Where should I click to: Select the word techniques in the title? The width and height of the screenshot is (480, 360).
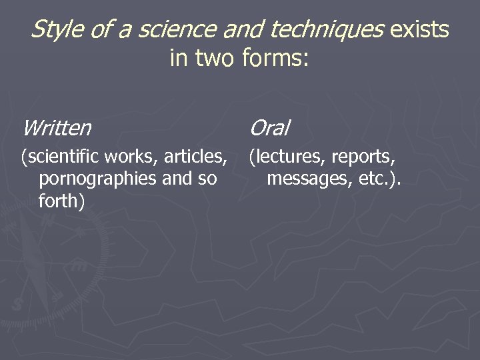(327, 30)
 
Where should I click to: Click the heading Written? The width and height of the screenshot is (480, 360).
(57, 127)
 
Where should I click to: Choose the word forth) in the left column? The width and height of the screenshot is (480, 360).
(62, 201)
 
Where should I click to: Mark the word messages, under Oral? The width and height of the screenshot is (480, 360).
(304, 179)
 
